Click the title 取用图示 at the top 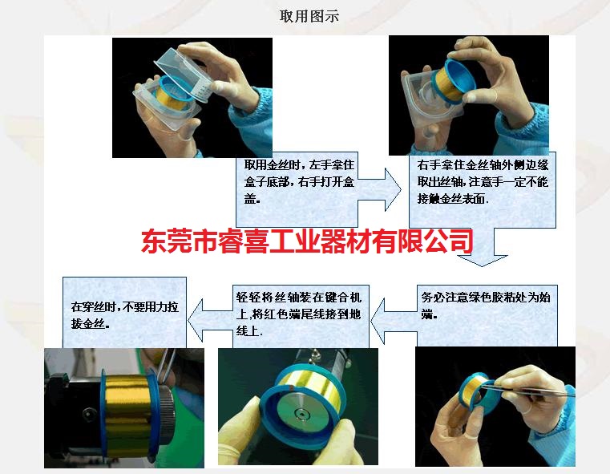click(x=309, y=16)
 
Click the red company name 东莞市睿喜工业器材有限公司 click(x=307, y=241)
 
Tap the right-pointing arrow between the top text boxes click(x=379, y=189)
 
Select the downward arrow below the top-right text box click(x=483, y=247)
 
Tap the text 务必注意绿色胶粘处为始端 click(x=486, y=305)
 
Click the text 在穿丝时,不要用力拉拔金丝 click(x=125, y=315)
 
